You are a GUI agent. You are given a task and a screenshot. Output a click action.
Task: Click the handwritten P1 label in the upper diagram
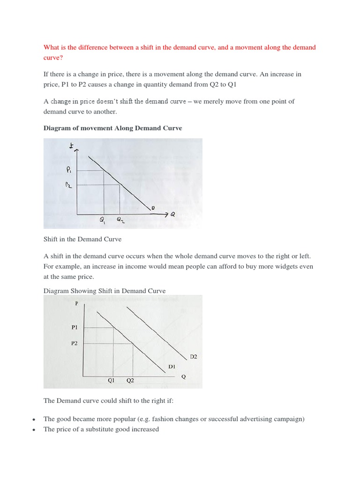tap(69, 170)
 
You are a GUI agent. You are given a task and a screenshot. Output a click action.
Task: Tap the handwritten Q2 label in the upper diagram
tap(120, 220)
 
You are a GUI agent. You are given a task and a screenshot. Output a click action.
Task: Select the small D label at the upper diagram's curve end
tap(152, 207)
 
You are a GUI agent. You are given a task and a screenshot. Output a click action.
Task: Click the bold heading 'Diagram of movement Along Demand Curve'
tap(112, 128)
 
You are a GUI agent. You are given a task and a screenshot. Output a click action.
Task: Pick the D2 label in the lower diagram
tap(194, 357)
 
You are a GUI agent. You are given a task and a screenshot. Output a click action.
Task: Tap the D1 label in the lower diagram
tap(172, 367)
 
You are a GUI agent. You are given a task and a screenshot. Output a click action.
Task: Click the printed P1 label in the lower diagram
tap(75, 328)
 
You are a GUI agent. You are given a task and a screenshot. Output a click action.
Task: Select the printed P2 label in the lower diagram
tap(75, 343)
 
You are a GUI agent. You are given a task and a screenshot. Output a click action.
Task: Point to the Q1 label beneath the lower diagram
tap(112, 381)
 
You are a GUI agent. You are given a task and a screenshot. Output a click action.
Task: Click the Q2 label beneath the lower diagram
tap(130, 381)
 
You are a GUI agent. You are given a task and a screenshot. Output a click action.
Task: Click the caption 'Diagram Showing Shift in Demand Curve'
tap(105, 291)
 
